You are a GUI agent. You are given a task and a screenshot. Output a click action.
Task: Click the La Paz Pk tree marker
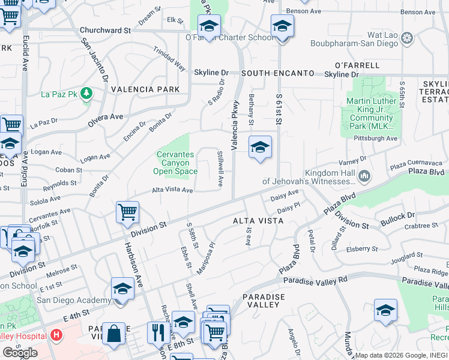click(87, 93)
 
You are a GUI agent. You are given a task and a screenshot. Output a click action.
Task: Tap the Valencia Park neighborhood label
click(145, 89)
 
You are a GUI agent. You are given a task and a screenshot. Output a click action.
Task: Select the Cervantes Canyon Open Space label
click(176, 163)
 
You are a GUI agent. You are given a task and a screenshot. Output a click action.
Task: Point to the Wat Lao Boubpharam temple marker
click(408, 39)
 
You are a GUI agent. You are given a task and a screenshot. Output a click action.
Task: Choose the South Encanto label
click(278, 73)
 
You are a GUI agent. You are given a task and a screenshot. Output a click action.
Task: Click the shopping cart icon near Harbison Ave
click(127, 212)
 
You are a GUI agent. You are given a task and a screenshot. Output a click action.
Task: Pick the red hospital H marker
click(56, 335)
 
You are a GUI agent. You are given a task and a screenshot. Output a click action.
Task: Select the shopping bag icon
click(113, 333)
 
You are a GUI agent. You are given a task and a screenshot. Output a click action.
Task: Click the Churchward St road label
click(105, 30)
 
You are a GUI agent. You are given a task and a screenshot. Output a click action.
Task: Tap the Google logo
click(20, 353)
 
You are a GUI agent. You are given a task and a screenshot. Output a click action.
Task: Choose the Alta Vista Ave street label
click(172, 190)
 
